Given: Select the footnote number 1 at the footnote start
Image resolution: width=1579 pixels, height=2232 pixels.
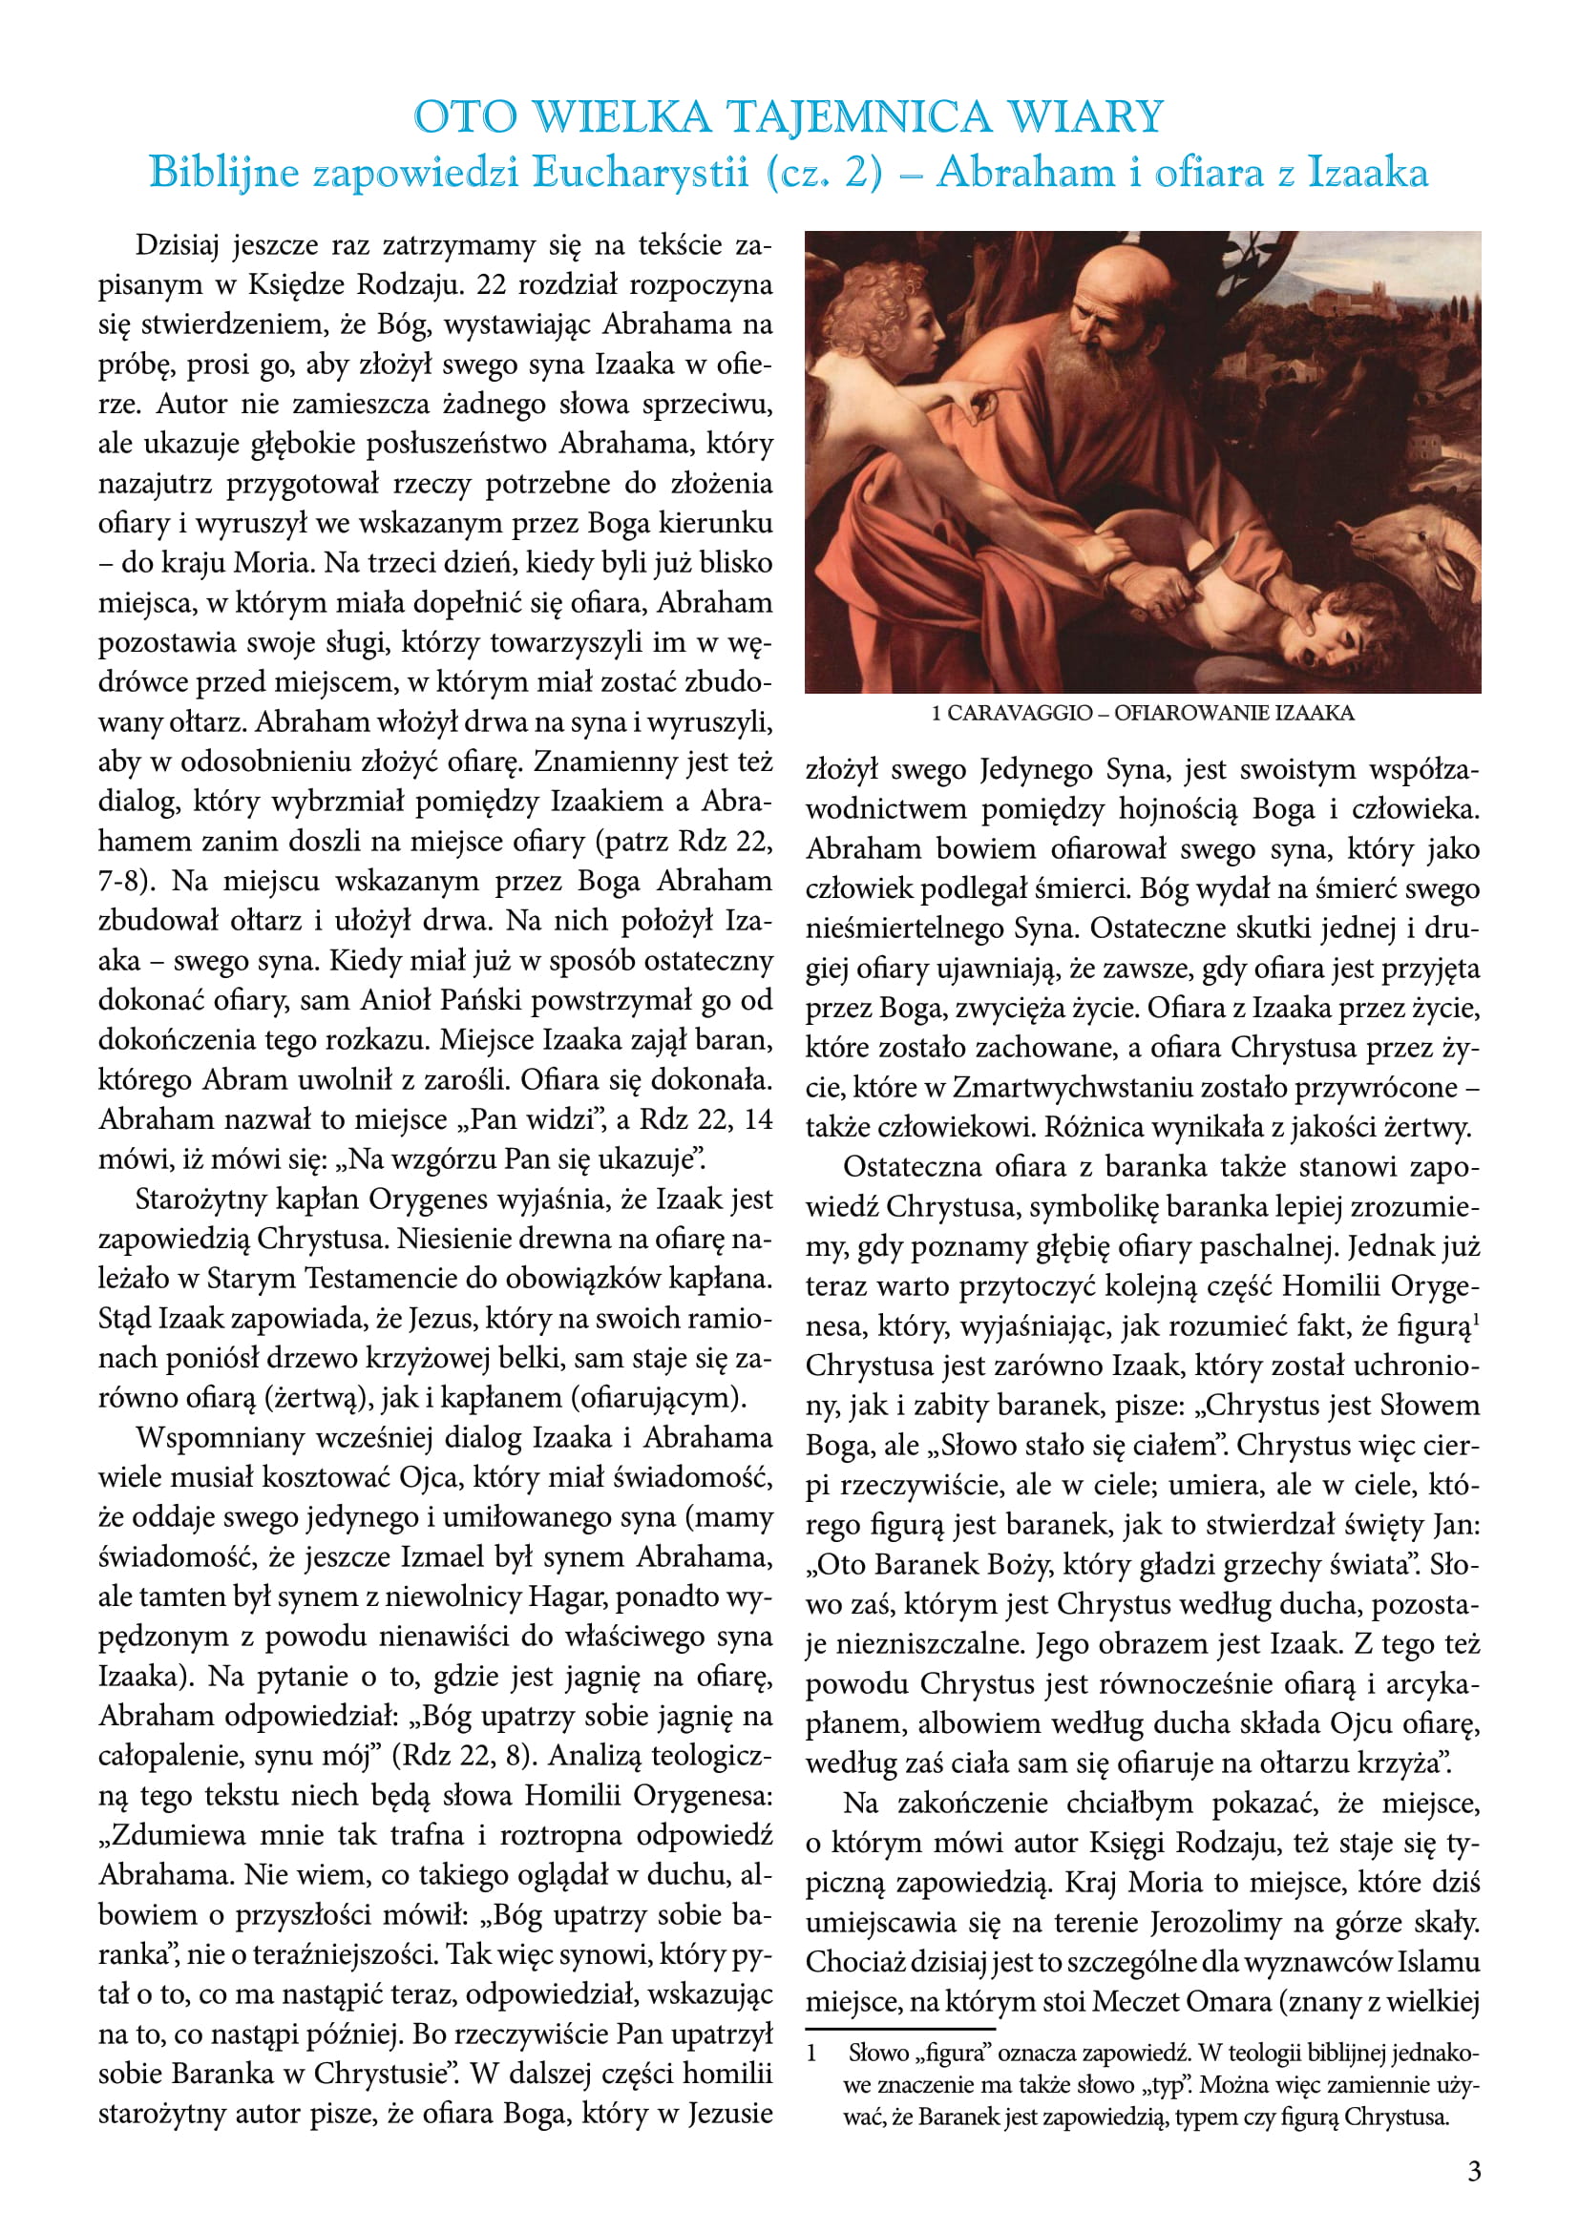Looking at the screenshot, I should (x=811, y=2055).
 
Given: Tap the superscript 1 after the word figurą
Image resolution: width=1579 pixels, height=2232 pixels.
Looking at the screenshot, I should (x=1476, y=1319).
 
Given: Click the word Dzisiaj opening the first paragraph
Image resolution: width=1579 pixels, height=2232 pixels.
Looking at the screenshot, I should (x=178, y=245).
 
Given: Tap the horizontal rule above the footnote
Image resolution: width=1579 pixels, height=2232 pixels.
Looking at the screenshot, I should (x=899, y=2030).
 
